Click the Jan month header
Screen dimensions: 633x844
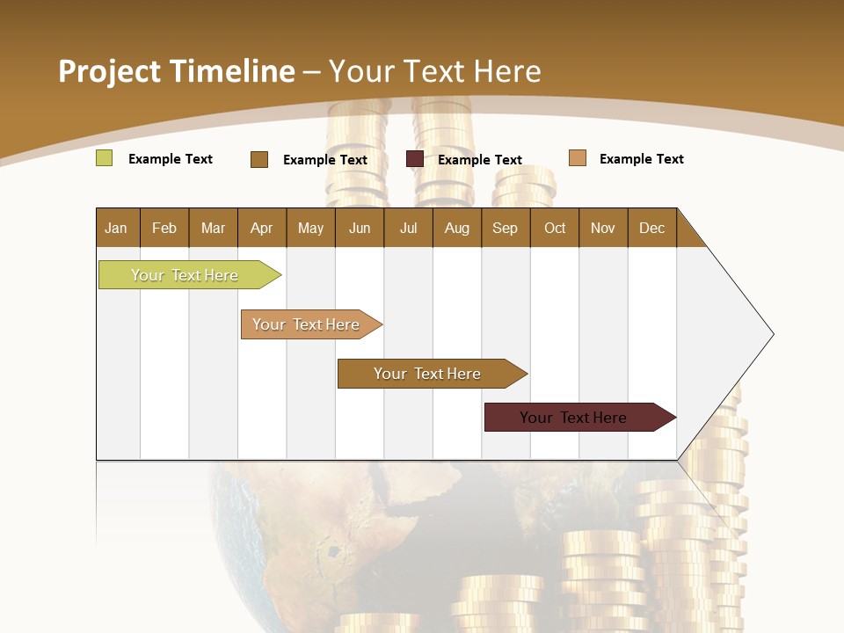click(116, 228)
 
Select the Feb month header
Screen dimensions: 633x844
click(164, 228)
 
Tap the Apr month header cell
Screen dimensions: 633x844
click(261, 228)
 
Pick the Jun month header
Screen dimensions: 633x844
click(360, 228)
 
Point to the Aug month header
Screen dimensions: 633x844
click(456, 228)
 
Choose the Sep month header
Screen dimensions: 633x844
click(505, 228)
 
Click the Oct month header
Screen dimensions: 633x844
click(555, 228)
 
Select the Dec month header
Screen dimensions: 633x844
click(651, 228)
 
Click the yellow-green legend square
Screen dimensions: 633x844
click(105, 158)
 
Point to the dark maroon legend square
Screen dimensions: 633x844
click(415, 159)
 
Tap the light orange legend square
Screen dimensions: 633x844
click(577, 158)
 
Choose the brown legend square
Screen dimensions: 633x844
click(259, 159)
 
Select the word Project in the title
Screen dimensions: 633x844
click(109, 71)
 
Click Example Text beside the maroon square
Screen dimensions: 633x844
click(480, 160)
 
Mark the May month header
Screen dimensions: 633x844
click(310, 228)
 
